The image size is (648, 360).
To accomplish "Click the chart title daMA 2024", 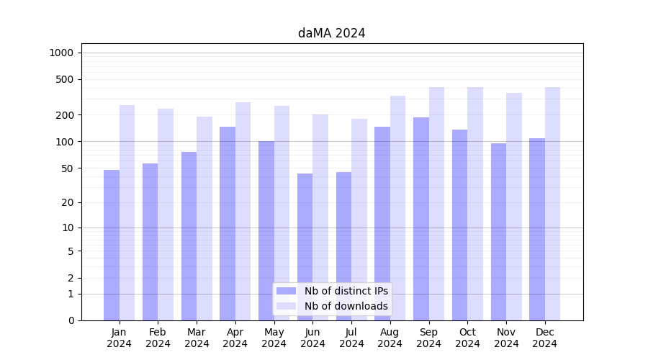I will (331, 33).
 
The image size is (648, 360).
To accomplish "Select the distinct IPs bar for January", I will (112, 245).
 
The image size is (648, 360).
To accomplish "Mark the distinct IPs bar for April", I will (228, 223).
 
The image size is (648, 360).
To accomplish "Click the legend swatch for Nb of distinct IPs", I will (286, 291).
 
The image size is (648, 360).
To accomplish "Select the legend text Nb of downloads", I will (346, 306).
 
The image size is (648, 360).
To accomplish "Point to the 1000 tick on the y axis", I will (61, 53).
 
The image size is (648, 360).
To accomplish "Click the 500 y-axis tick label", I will (65, 79).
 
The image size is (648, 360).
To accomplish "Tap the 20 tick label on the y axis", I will (68, 202).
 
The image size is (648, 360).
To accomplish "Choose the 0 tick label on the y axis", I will (71, 320).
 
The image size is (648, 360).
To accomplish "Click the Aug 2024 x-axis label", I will (390, 338).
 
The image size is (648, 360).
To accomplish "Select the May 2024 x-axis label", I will (274, 338).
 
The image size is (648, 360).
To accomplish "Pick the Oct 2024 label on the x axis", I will (467, 338).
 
